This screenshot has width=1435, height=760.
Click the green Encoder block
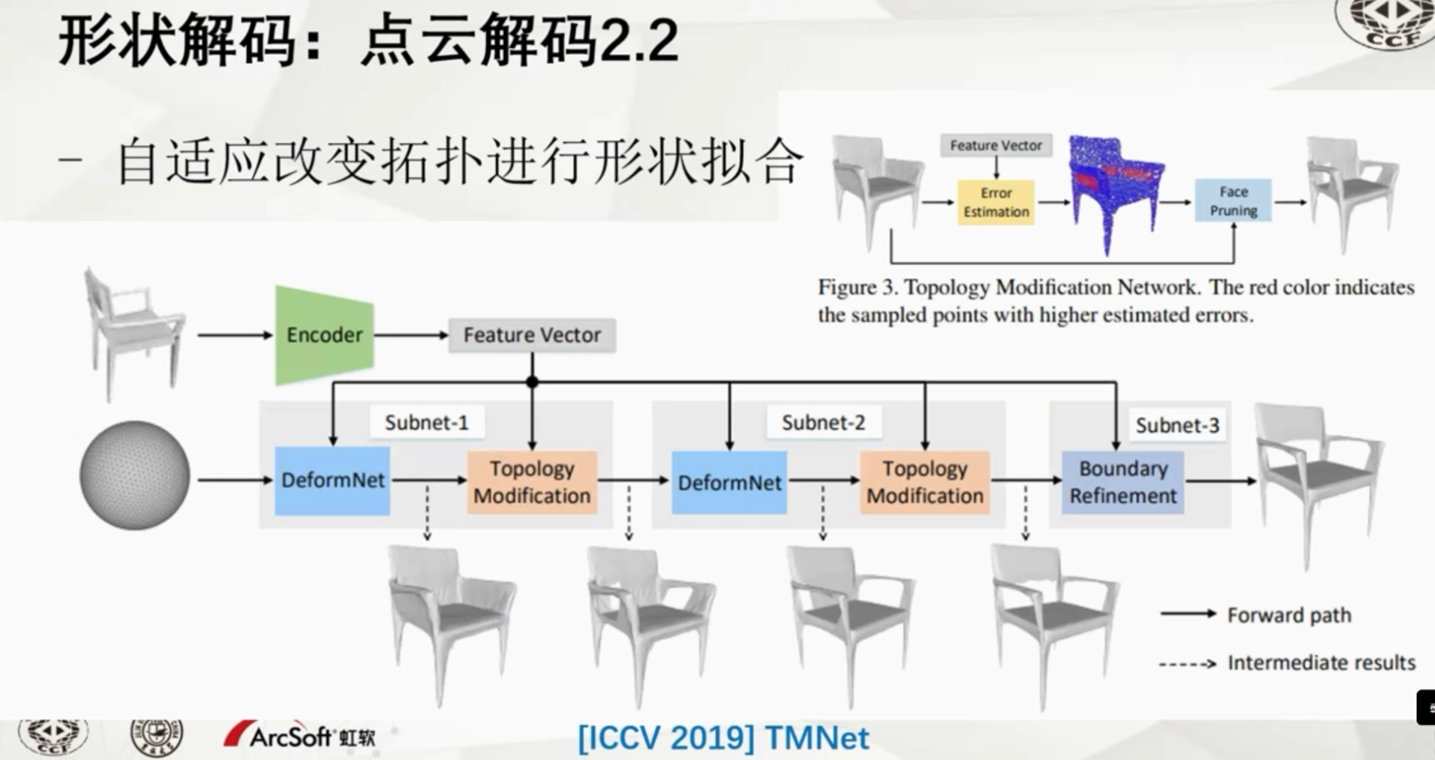click(325, 335)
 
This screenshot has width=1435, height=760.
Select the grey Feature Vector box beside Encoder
click(532, 335)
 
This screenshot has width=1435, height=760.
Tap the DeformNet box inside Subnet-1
click(332, 481)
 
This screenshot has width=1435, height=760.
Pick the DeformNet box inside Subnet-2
click(729, 482)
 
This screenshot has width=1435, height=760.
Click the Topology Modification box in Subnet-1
click(532, 482)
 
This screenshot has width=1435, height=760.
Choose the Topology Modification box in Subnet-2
click(925, 482)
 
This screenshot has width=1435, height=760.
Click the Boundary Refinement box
click(1122, 482)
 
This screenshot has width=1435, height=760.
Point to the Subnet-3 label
click(1177, 426)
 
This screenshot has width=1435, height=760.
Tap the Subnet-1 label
click(426, 423)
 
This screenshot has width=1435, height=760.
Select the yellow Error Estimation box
click(996, 202)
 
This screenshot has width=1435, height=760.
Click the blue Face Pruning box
click(1233, 201)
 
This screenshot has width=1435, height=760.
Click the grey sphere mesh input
click(135, 475)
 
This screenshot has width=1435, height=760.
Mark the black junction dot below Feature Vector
click(532, 382)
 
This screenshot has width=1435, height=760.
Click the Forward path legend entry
click(1288, 615)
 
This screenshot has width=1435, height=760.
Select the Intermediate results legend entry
click(1320, 662)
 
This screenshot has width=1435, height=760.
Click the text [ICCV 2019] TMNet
click(723, 737)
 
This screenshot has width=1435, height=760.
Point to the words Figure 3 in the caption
click(857, 288)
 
